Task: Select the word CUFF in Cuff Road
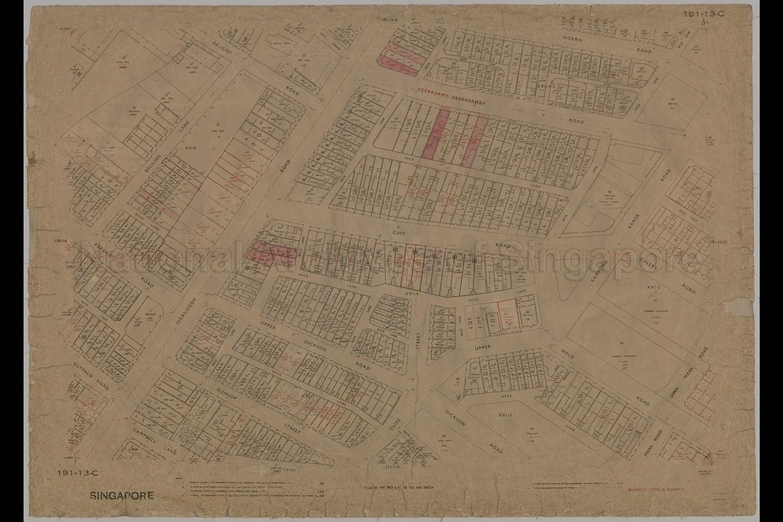399,232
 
